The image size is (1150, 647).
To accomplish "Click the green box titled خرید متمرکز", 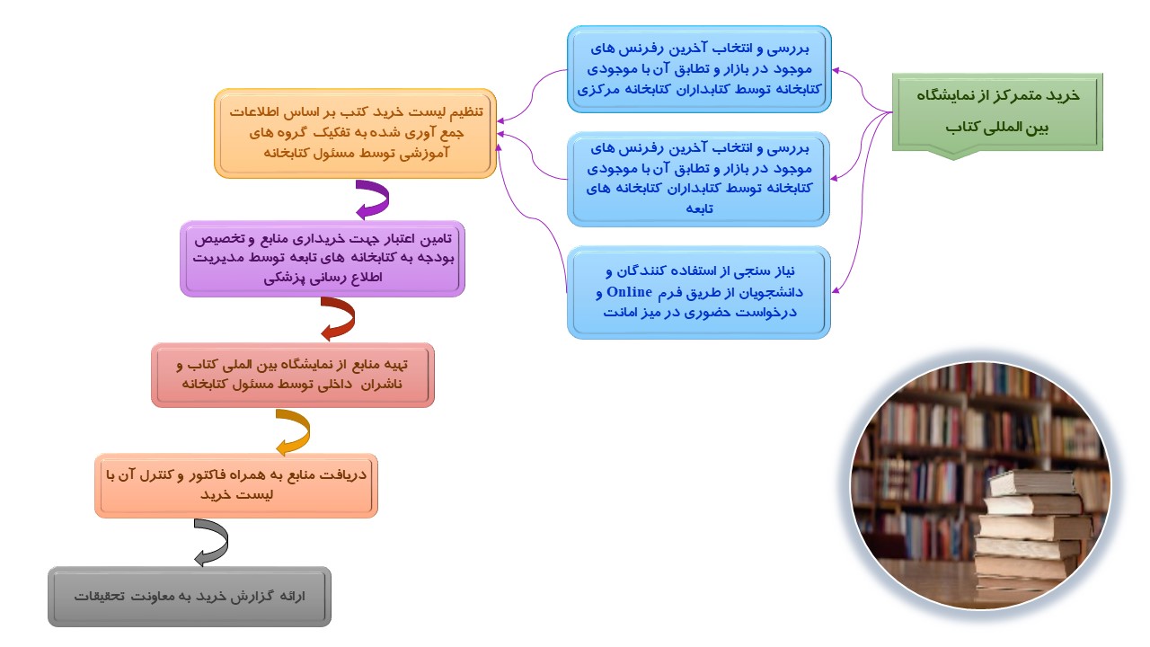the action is (997, 113).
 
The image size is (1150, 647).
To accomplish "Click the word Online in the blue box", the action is (629, 292).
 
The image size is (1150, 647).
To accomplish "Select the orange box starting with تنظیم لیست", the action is (355, 134).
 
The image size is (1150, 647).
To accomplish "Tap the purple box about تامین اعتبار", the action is (323, 259).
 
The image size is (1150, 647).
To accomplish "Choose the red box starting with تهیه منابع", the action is (293, 375).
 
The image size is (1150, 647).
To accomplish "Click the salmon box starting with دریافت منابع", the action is (236, 485).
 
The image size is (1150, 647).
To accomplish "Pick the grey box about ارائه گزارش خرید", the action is (190, 596).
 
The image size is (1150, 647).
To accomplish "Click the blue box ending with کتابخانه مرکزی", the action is (699, 69).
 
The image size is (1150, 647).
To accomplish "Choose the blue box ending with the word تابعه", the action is (698, 179).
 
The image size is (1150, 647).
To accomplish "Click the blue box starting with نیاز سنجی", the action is (699, 292).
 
